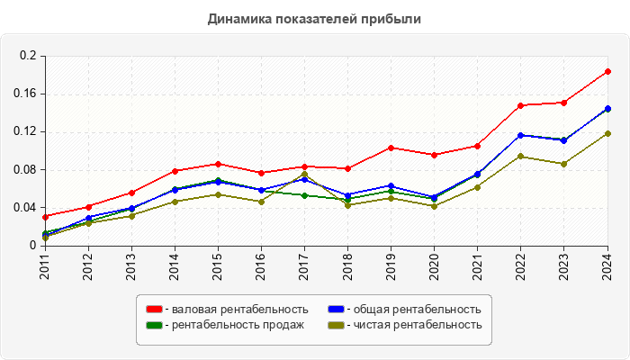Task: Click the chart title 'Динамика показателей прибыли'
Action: click(x=314, y=18)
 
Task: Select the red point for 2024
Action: click(x=607, y=72)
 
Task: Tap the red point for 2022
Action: click(x=520, y=105)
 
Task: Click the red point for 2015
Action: click(x=218, y=164)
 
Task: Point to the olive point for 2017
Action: click(x=304, y=175)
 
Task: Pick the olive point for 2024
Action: click(x=607, y=133)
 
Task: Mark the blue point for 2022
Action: click(x=520, y=135)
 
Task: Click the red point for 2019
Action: click(x=391, y=148)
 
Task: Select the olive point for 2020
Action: click(x=434, y=206)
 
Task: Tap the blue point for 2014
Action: click(x=175, y=190)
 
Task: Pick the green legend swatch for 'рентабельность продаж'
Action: click(x=155, y=325)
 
